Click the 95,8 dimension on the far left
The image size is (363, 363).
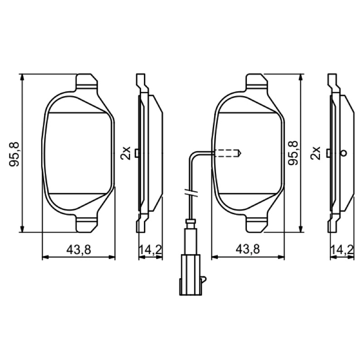14,153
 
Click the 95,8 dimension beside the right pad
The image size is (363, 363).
293,153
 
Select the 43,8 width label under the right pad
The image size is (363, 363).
248,249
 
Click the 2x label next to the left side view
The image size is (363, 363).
126,153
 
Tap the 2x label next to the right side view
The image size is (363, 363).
315,153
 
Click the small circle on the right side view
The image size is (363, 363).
344,153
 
